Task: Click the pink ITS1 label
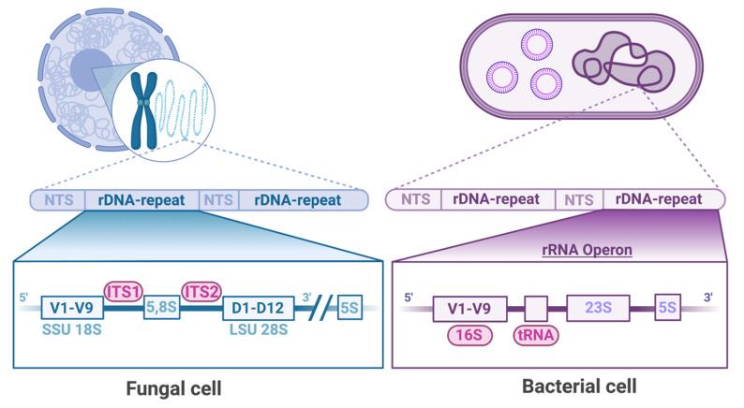click(x=124, y=290)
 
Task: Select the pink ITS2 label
click(x=201, y=290)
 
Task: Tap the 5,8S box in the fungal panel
click(x=160, y=307)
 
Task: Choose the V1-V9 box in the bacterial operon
click(x=469, y=306)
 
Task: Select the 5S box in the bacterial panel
click(x=668, y=306)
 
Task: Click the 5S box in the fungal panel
click(x=349, y=306)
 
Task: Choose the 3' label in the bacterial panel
click(x=708, y=298)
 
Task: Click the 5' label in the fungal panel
click(x=23, y=299)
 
